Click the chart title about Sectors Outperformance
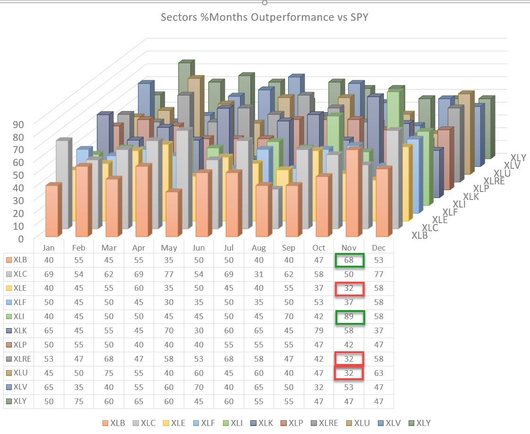coord(265,17)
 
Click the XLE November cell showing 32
coord(349,288)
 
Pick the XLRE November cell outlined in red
coord(349,359)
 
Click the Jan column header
coord(49,248)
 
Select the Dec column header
coord(378,248)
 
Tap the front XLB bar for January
coord(52,211)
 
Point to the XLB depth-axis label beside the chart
coord(419,235)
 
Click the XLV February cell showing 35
coord(78,387)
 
